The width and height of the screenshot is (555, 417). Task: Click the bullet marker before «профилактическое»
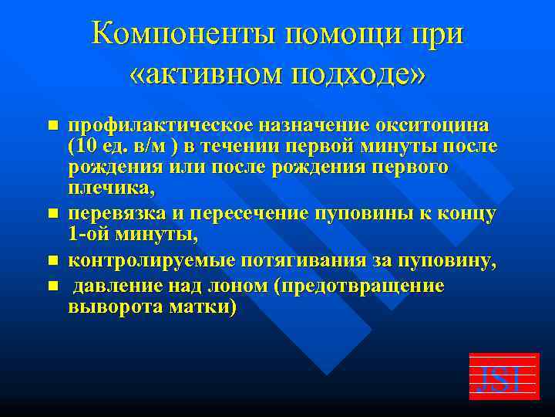[x=52, y=125]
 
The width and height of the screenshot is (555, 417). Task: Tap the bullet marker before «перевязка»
[x=52, y=211]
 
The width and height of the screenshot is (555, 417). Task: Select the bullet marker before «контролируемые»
[x=52, y=263]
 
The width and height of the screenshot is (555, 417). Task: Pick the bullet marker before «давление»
[x=52, y=286]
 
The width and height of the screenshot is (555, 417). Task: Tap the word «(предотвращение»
[x=362, y=286]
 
